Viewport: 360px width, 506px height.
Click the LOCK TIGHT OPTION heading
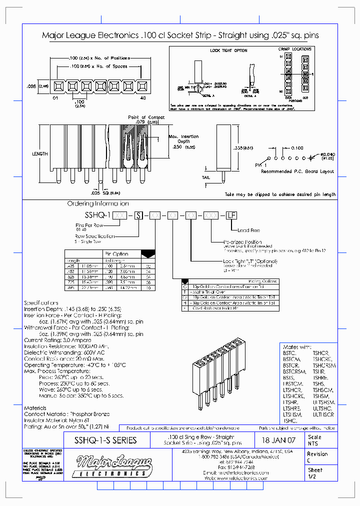pos(228,50)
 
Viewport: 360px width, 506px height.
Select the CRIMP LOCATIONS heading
pos(294,49)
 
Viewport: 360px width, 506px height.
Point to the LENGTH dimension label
pos(39,154)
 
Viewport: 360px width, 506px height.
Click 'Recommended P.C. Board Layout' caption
pos(297,171)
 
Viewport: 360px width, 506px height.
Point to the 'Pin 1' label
pos(261,164)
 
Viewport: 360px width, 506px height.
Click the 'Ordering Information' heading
pos(98,203)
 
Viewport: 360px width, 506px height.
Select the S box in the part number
pos(138,214)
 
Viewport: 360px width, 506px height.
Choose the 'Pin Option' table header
pos(116,253)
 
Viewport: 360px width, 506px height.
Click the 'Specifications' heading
pos(41,303)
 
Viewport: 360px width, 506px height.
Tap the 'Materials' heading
pos(35,408)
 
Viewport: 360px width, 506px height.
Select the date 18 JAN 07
pos(278,440)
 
